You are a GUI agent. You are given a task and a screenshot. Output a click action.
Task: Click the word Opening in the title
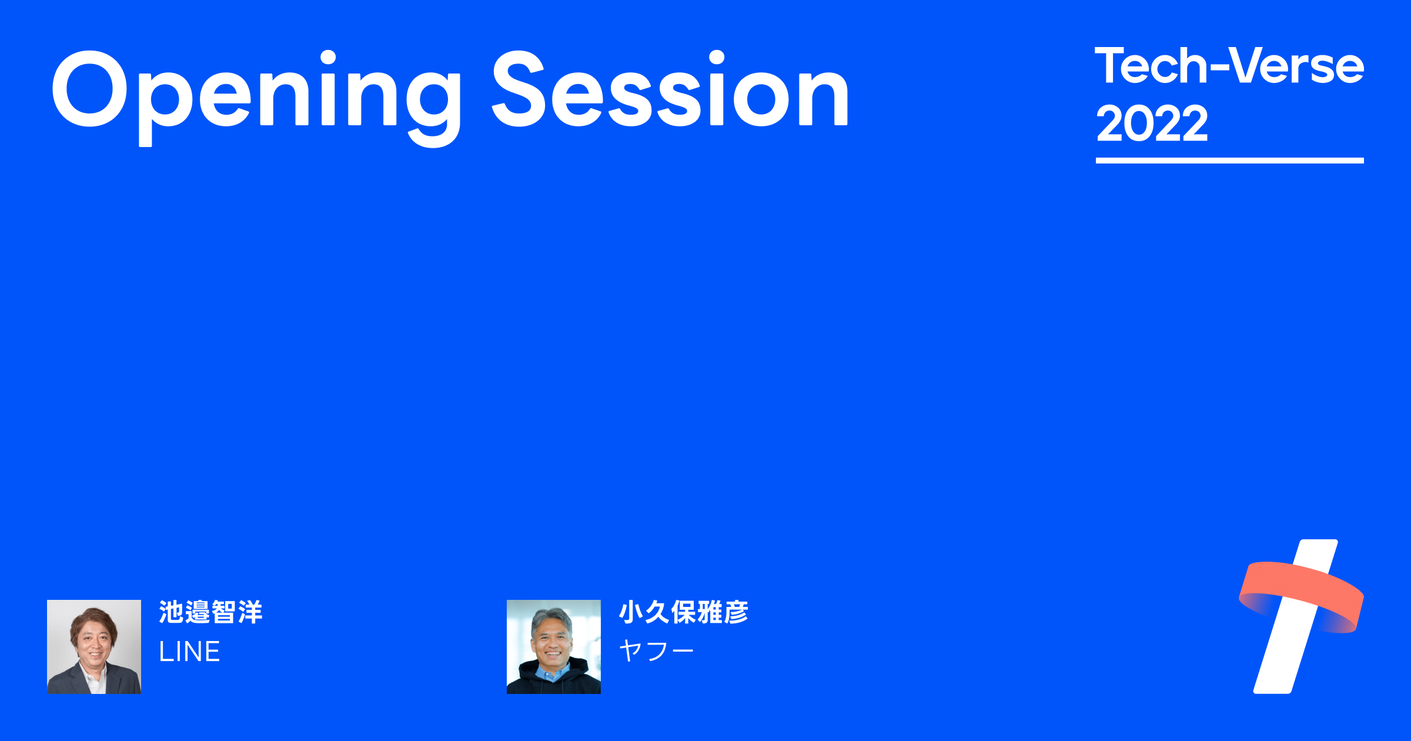coord(256,91)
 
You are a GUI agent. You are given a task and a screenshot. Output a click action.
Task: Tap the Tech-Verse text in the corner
coord(1229,66)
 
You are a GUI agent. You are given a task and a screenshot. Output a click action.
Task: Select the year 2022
coord(1152,123)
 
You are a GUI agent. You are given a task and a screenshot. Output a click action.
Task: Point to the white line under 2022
coord(1229,161)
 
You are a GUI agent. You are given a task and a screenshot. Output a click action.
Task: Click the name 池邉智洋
coord(210,612)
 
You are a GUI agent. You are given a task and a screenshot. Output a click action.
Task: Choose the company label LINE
coord(189,652)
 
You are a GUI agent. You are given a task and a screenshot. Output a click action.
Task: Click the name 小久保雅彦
coord(683,612)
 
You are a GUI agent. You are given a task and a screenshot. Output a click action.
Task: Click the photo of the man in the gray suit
coord(94,646)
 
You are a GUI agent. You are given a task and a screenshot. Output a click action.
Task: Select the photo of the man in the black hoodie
coord(553,646)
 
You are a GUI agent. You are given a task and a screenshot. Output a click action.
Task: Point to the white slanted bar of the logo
coord(1282,659)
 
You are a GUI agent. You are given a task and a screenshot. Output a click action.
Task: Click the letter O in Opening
coord(90,89)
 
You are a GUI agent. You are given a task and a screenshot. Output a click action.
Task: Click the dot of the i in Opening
coord(328,58)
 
